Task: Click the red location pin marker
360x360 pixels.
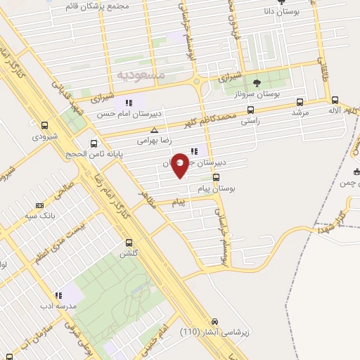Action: pos(181,165)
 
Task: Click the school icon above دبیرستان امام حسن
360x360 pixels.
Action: pos(129,103)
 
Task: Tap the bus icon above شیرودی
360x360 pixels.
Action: pos(45,126)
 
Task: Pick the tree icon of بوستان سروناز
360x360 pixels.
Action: pos(255,82)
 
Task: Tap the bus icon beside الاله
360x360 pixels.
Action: pos(335,100)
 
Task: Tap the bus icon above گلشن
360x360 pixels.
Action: pos(124,243)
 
